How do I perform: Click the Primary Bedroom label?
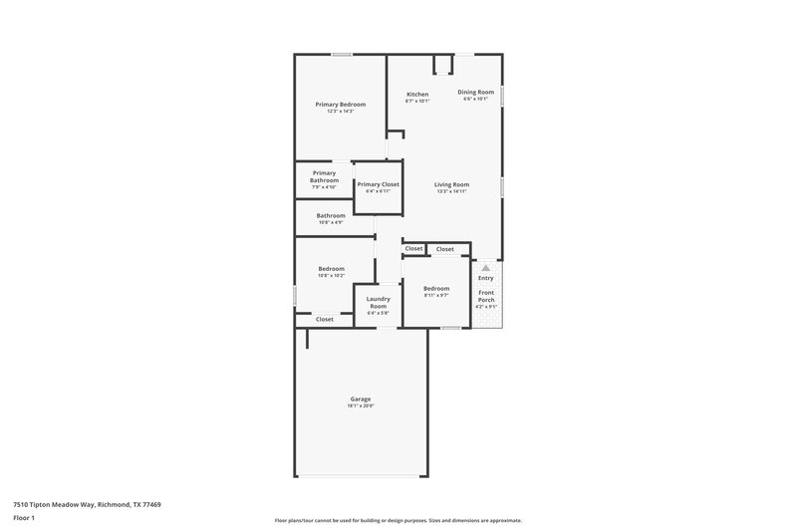340,105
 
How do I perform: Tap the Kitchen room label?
416,95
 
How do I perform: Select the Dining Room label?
475,92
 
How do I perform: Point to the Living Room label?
451,184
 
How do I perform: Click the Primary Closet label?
378,184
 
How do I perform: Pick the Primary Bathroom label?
324,176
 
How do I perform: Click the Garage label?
360,398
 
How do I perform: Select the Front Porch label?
486,296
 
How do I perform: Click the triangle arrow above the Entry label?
485,268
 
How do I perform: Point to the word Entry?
485,278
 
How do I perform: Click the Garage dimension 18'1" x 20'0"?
360,405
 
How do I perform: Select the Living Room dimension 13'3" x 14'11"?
451,191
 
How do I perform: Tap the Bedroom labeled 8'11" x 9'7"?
436,289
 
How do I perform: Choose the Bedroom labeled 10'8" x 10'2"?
331,268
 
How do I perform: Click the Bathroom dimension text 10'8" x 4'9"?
331,222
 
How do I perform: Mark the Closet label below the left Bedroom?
325,320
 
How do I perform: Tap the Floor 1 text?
24,519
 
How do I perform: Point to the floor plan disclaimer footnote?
398,520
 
